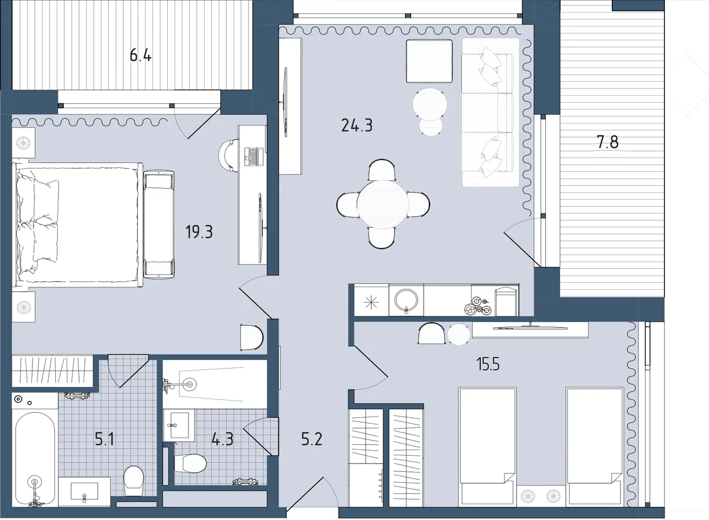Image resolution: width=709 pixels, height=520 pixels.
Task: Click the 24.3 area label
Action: pyautogui.click(x=357, y=125)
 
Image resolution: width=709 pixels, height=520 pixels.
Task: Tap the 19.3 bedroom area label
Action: pyautogui.click(x=199, y=232)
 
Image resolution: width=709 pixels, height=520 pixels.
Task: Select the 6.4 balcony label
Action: pyautogui.click(x=141, y=55)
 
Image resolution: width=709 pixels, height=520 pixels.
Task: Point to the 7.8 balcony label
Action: pyautogui.click(x=608, y=142)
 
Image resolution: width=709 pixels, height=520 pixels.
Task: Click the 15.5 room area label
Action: pyautogui.click(x=488, y=364)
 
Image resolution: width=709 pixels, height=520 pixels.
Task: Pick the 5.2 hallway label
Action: pyautogui.click(x=312, y=439)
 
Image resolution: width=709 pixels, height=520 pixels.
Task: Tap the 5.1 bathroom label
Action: pyautogui.click(x=104, y=439)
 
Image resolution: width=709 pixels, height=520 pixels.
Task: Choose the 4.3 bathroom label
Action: pyautogui.click(x=222, y=439)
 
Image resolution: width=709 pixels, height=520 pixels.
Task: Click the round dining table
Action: pyautogui.click(x=383, y=204)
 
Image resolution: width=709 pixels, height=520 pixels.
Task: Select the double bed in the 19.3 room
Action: pyautogui.click(x=77, y=225)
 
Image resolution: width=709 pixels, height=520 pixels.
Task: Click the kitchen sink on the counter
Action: pyautogui.click(x=406, y=299)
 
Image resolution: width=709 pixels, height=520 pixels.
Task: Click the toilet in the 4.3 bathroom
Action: pyautogui.click(x=190, y=463)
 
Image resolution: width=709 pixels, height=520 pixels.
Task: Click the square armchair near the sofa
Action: pyautogui.click(x=429, y=61)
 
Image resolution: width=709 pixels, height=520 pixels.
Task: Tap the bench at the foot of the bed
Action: pyautogui.click(x=159, y=225)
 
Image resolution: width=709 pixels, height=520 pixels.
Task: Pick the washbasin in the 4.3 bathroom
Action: pyautogui.click(x=179, y=425)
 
